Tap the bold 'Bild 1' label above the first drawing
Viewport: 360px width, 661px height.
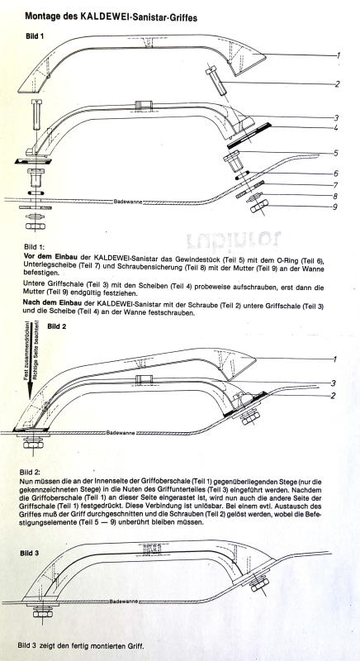(35, 36)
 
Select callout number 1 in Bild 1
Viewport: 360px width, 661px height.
(339, 55)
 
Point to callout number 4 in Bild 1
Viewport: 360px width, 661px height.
(335, 127)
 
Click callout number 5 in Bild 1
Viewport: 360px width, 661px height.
(336, 153)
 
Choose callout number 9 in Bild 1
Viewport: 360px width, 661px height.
(336, 207)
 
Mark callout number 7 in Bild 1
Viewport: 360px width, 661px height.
(335, 184)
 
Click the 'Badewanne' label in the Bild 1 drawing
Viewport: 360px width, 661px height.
(128, 202)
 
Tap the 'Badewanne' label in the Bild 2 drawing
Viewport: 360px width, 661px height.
(121, 432)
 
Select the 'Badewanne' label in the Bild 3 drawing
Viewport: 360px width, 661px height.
(124, 601)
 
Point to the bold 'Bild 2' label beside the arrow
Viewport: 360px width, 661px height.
(57, 326)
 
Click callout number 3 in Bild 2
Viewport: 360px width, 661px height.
(334, 383)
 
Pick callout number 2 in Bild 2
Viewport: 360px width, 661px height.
(333, 396)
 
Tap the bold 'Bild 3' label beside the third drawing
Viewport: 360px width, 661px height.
(30, 553)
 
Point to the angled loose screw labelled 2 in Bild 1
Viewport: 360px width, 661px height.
(218, 81)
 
